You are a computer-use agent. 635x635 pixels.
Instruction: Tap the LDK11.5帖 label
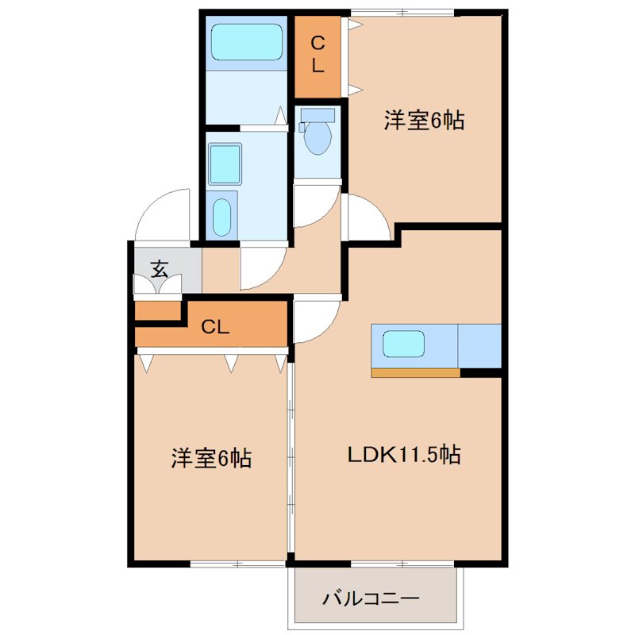pos(404,455)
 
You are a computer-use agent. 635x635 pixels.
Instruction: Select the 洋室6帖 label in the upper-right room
pos(424,121)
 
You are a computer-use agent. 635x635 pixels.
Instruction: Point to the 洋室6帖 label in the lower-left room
pos(211,458)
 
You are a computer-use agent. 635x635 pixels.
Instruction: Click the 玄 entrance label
pos(160,268)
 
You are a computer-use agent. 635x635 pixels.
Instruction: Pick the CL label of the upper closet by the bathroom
pos(317,54)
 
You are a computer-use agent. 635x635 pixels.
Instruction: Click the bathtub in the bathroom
pos(246,41)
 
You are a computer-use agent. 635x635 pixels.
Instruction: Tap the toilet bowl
pos(318,136)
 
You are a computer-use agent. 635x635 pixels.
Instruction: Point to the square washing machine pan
pos(225,164)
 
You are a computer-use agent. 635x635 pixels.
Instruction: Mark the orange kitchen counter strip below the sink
pos(415,373)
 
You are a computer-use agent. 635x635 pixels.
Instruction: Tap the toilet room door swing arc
pos(316,205)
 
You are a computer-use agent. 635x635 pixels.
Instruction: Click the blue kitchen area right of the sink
pos(480,345)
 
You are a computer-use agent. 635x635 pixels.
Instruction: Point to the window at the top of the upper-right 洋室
pos(402,11)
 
